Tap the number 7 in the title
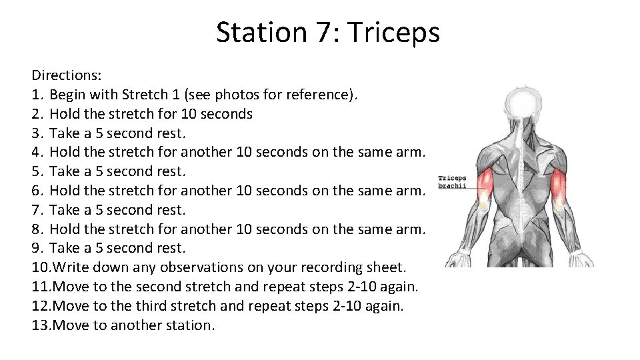click(x=325, y=32)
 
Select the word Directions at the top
click(x=65, y=75)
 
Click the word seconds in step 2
click(x=227, y=113)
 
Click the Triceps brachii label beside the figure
click(x=452, y=182)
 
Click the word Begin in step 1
click(x=70, y=94)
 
